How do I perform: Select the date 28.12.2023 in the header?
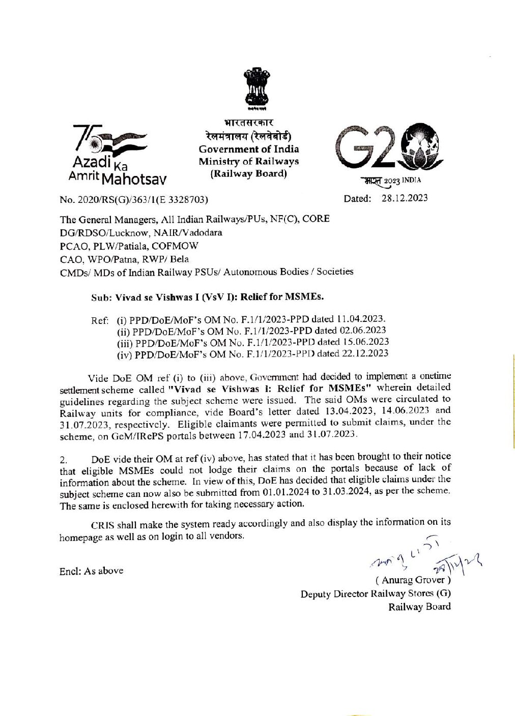[x=405, y=198]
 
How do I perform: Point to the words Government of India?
[x=249, y=149]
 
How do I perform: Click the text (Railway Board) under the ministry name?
[x=249, y=173]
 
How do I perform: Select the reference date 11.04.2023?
[x=361, y=319]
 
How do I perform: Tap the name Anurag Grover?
[x=413, y=580]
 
